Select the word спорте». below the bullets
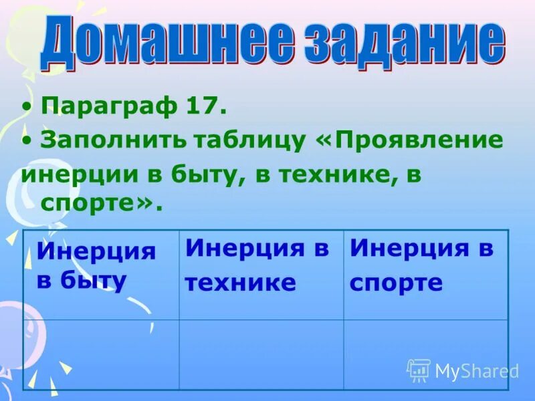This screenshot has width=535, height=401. click(101, 204)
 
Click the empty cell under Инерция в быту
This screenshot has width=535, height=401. click(100, 354)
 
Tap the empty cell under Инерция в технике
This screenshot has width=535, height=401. click(261, 354)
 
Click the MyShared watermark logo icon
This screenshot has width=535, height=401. click(419, 370)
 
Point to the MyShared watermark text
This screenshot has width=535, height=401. click(477, 372)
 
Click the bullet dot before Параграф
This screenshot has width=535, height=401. click(25, 106)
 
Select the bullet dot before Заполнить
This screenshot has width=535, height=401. click(25, 140)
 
